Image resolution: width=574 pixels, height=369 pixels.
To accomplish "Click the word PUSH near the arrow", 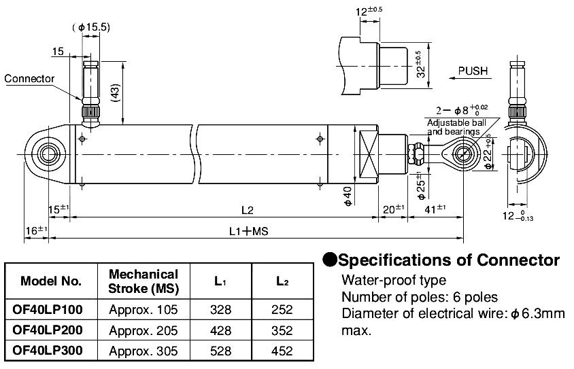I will coord(473,71).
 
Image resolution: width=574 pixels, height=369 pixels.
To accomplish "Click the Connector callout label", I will coord(29,79).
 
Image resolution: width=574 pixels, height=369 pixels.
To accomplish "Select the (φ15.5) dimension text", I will coord(91,27).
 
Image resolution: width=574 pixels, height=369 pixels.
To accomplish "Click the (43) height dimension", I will coord(115,92).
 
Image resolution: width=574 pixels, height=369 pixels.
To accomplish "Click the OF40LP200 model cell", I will coord(48,331).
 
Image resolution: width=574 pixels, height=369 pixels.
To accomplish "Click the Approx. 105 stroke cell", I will coord(143,310).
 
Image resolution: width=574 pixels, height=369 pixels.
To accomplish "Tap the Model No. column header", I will coord(51,281).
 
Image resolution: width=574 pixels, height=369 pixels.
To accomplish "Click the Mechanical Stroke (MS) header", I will coord(143,281).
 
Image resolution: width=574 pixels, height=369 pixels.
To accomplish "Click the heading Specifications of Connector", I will coord(449,260).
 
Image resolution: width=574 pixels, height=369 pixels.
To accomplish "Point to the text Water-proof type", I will coord(394,280).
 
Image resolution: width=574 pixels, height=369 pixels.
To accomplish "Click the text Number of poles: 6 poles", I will coord(420,297).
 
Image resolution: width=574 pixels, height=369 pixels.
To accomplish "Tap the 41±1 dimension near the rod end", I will coord(435,208).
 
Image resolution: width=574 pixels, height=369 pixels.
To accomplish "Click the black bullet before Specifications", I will coord(329,260).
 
